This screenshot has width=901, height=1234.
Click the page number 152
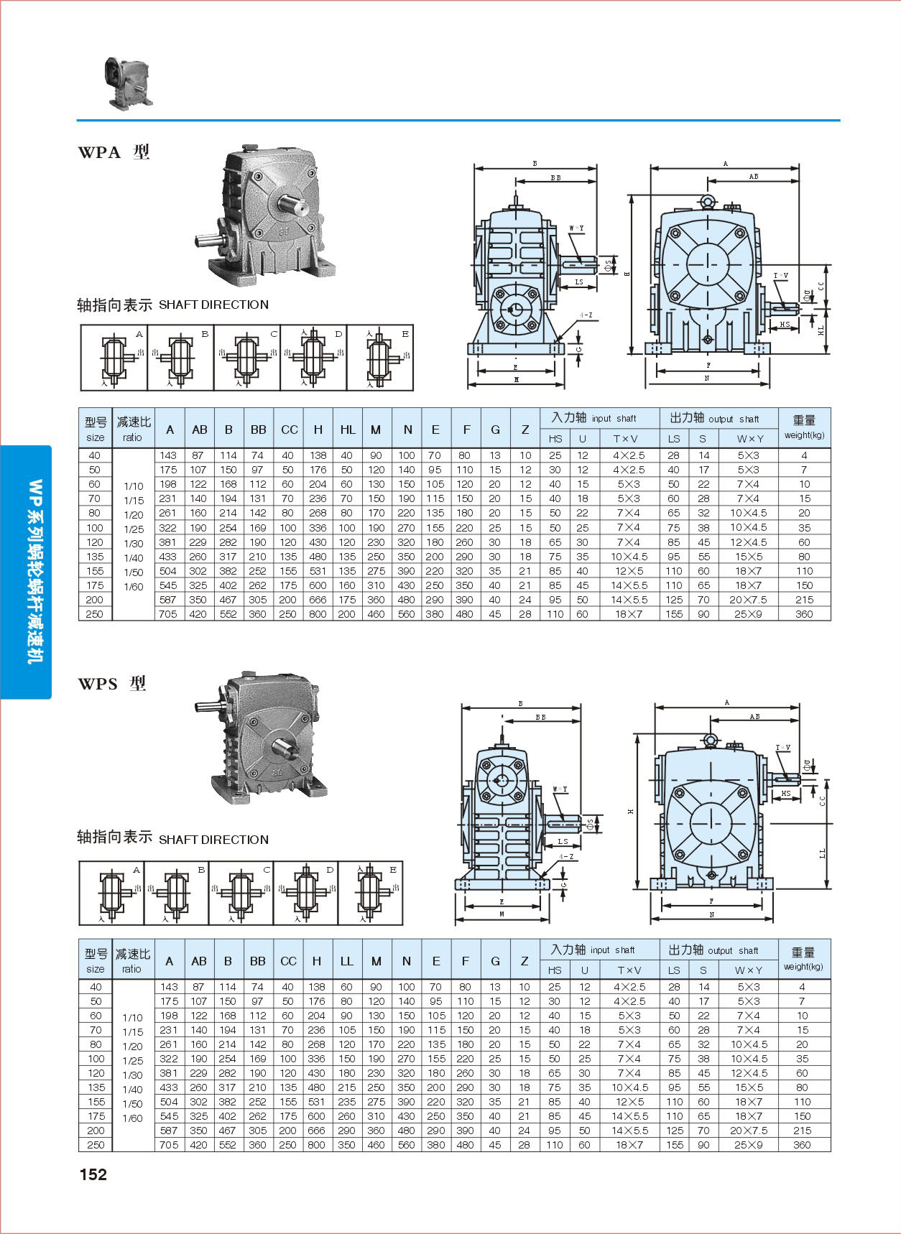93,1174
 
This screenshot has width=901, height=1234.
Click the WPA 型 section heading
114,152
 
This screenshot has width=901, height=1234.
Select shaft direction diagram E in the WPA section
380,358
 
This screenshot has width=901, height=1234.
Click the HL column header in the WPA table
348,430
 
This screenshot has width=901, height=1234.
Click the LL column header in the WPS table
346,961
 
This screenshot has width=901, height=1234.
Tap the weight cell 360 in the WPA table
804,614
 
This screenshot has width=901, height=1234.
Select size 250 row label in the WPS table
95,1145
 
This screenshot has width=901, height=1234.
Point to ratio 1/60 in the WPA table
134,587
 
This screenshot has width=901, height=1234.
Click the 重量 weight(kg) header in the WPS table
803,958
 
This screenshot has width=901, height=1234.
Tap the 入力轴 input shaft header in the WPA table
593,418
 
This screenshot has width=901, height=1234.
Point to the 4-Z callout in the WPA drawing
586,315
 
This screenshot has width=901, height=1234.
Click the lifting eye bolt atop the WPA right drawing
707,202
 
